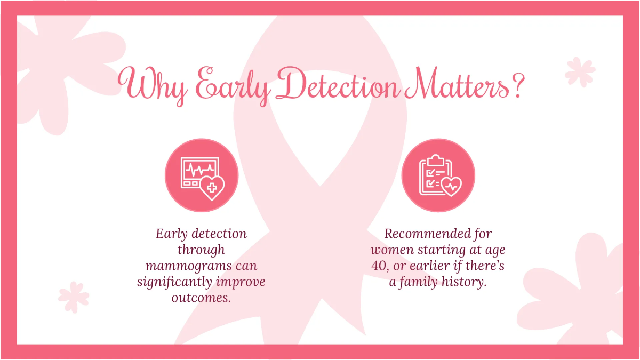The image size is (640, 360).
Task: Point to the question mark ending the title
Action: coord(516,84)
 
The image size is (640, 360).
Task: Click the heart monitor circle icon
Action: coord(202,175)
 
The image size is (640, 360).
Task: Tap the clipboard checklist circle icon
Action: coord(438,175)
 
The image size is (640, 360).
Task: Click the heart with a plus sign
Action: coord(211,187)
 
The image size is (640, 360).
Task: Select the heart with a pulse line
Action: coord(452,186)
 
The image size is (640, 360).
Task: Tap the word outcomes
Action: coord(201,298)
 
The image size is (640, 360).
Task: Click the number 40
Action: coord(379,266)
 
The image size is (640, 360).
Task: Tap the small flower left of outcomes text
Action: coord(74,297)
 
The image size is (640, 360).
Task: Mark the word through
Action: coord(201,250)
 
